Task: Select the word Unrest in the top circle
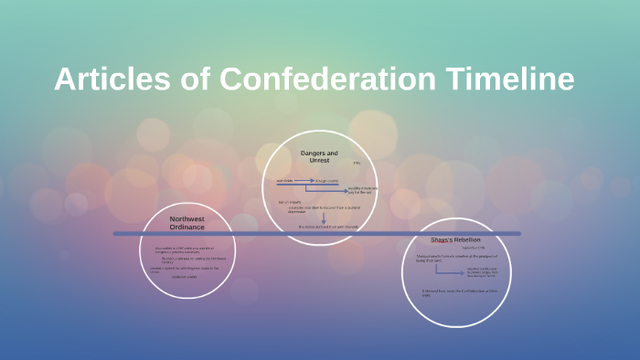click(x=319, y=161)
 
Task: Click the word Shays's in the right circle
click(x=443, y=240)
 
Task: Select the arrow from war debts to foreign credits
click(x=304, y=181)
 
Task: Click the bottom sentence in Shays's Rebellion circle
click(x=457, y=292)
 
